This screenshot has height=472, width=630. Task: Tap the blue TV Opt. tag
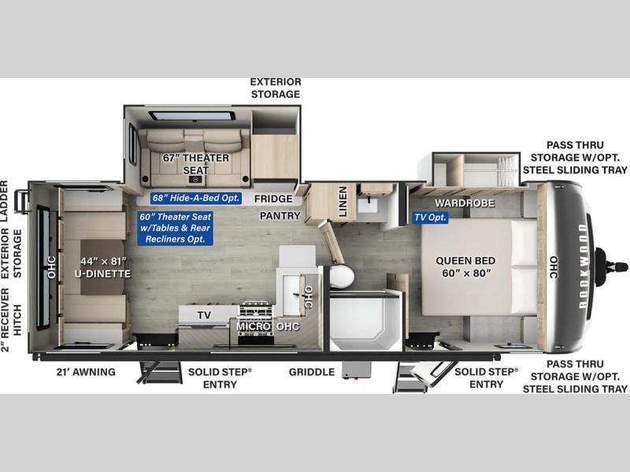(430, 217)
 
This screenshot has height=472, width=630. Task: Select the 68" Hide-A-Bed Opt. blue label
(196, 198)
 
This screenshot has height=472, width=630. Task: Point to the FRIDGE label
(273, 199)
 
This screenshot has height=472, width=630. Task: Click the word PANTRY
(280, 216)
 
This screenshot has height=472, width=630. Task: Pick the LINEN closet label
(343, 202)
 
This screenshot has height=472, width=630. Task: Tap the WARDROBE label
(465, 203)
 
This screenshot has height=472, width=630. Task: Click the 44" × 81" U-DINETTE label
(103, 267)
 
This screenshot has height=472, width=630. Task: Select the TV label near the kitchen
(204, 315)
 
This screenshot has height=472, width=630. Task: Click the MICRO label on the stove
(253, 326)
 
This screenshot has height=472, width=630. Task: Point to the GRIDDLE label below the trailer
(312, 372)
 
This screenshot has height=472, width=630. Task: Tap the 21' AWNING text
(86, 372)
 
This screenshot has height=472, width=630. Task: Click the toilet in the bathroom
(342, 276)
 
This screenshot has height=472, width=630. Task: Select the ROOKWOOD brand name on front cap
(583, 266)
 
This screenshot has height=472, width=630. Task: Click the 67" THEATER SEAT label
(195, 164)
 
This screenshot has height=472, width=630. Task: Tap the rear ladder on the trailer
(22, 201)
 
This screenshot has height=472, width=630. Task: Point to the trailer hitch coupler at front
(612, 266)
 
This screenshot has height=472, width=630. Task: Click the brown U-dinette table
(102, 267)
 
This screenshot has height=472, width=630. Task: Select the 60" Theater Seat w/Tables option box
(175, 228)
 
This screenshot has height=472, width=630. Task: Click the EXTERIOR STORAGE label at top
(276, 88)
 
